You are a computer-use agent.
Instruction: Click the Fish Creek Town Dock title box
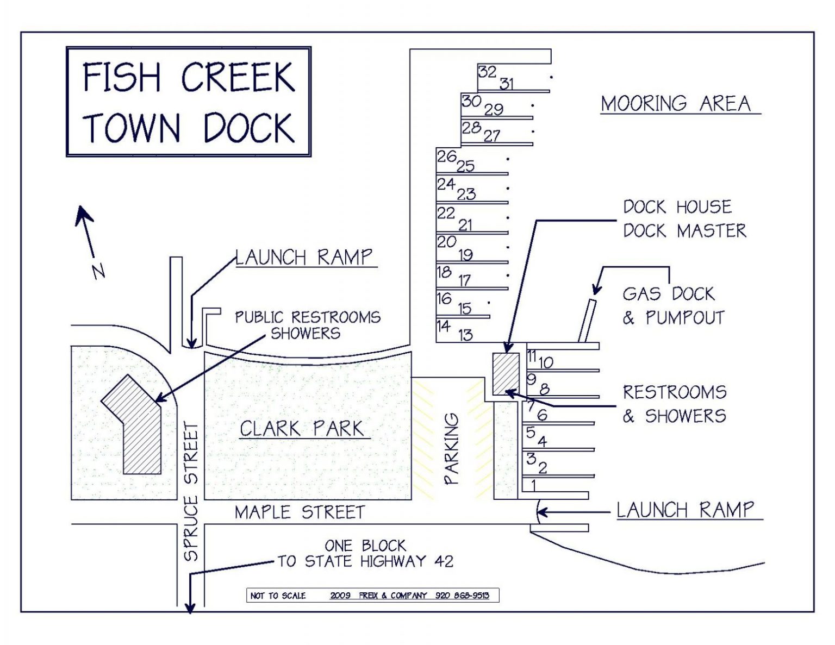coord(189,102)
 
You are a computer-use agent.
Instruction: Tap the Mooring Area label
coord(676,103)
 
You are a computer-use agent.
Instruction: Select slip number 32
coord(487,72)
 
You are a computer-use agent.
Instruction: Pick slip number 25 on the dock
coord(465,166)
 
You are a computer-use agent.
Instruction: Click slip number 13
coord(465,335)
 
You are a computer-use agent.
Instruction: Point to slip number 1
coord(533,485)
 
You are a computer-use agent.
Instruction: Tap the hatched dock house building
coord(506,373)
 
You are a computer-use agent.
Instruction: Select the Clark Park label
coord(302,429)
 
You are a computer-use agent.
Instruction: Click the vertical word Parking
coord(452,449)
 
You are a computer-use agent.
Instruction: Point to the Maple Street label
coord(300,512)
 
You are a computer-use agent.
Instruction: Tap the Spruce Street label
coord(191,492)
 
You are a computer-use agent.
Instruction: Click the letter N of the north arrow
coord(98,271)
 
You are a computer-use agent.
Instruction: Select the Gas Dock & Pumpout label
coord(674,306)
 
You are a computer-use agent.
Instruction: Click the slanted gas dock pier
coord(587,321)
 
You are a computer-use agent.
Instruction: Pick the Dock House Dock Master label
coord(684,218)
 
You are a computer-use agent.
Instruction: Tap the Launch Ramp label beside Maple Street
coord(685,510)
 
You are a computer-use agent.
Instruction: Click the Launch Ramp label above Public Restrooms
coord(304,257)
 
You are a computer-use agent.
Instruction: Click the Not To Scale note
coord(278,596)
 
